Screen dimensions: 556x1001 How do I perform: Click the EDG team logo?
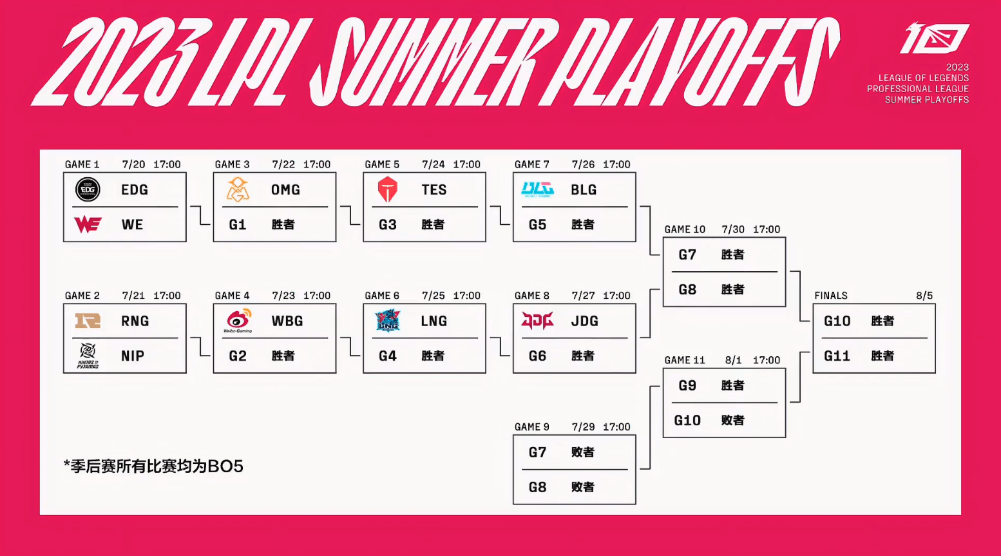88,189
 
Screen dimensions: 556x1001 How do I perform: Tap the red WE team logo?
88,224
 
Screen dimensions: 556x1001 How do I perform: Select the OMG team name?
285,190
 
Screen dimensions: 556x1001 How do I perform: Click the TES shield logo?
388,189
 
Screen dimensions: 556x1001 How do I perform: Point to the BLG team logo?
537,189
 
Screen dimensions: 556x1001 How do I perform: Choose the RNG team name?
135,321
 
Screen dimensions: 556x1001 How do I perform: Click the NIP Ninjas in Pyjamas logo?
88,355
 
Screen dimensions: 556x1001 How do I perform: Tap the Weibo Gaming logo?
238,321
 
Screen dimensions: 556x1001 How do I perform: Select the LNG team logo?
388,321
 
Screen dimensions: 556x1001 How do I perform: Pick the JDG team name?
584,321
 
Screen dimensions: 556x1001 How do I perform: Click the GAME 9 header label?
532,427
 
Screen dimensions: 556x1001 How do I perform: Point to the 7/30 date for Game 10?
733,229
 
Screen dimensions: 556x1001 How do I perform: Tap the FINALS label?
831,296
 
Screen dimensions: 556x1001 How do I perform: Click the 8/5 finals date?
924,296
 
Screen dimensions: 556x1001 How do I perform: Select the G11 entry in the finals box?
837,356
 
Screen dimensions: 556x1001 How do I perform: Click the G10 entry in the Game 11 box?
687,421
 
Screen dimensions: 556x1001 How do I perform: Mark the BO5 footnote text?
153,466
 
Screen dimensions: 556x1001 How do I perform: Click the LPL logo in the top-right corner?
935,39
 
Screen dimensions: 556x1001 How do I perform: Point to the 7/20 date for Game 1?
133,164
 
